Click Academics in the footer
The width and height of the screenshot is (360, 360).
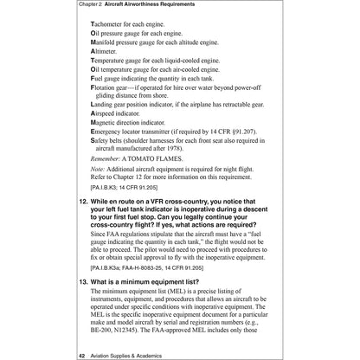[x=132, y=355]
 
